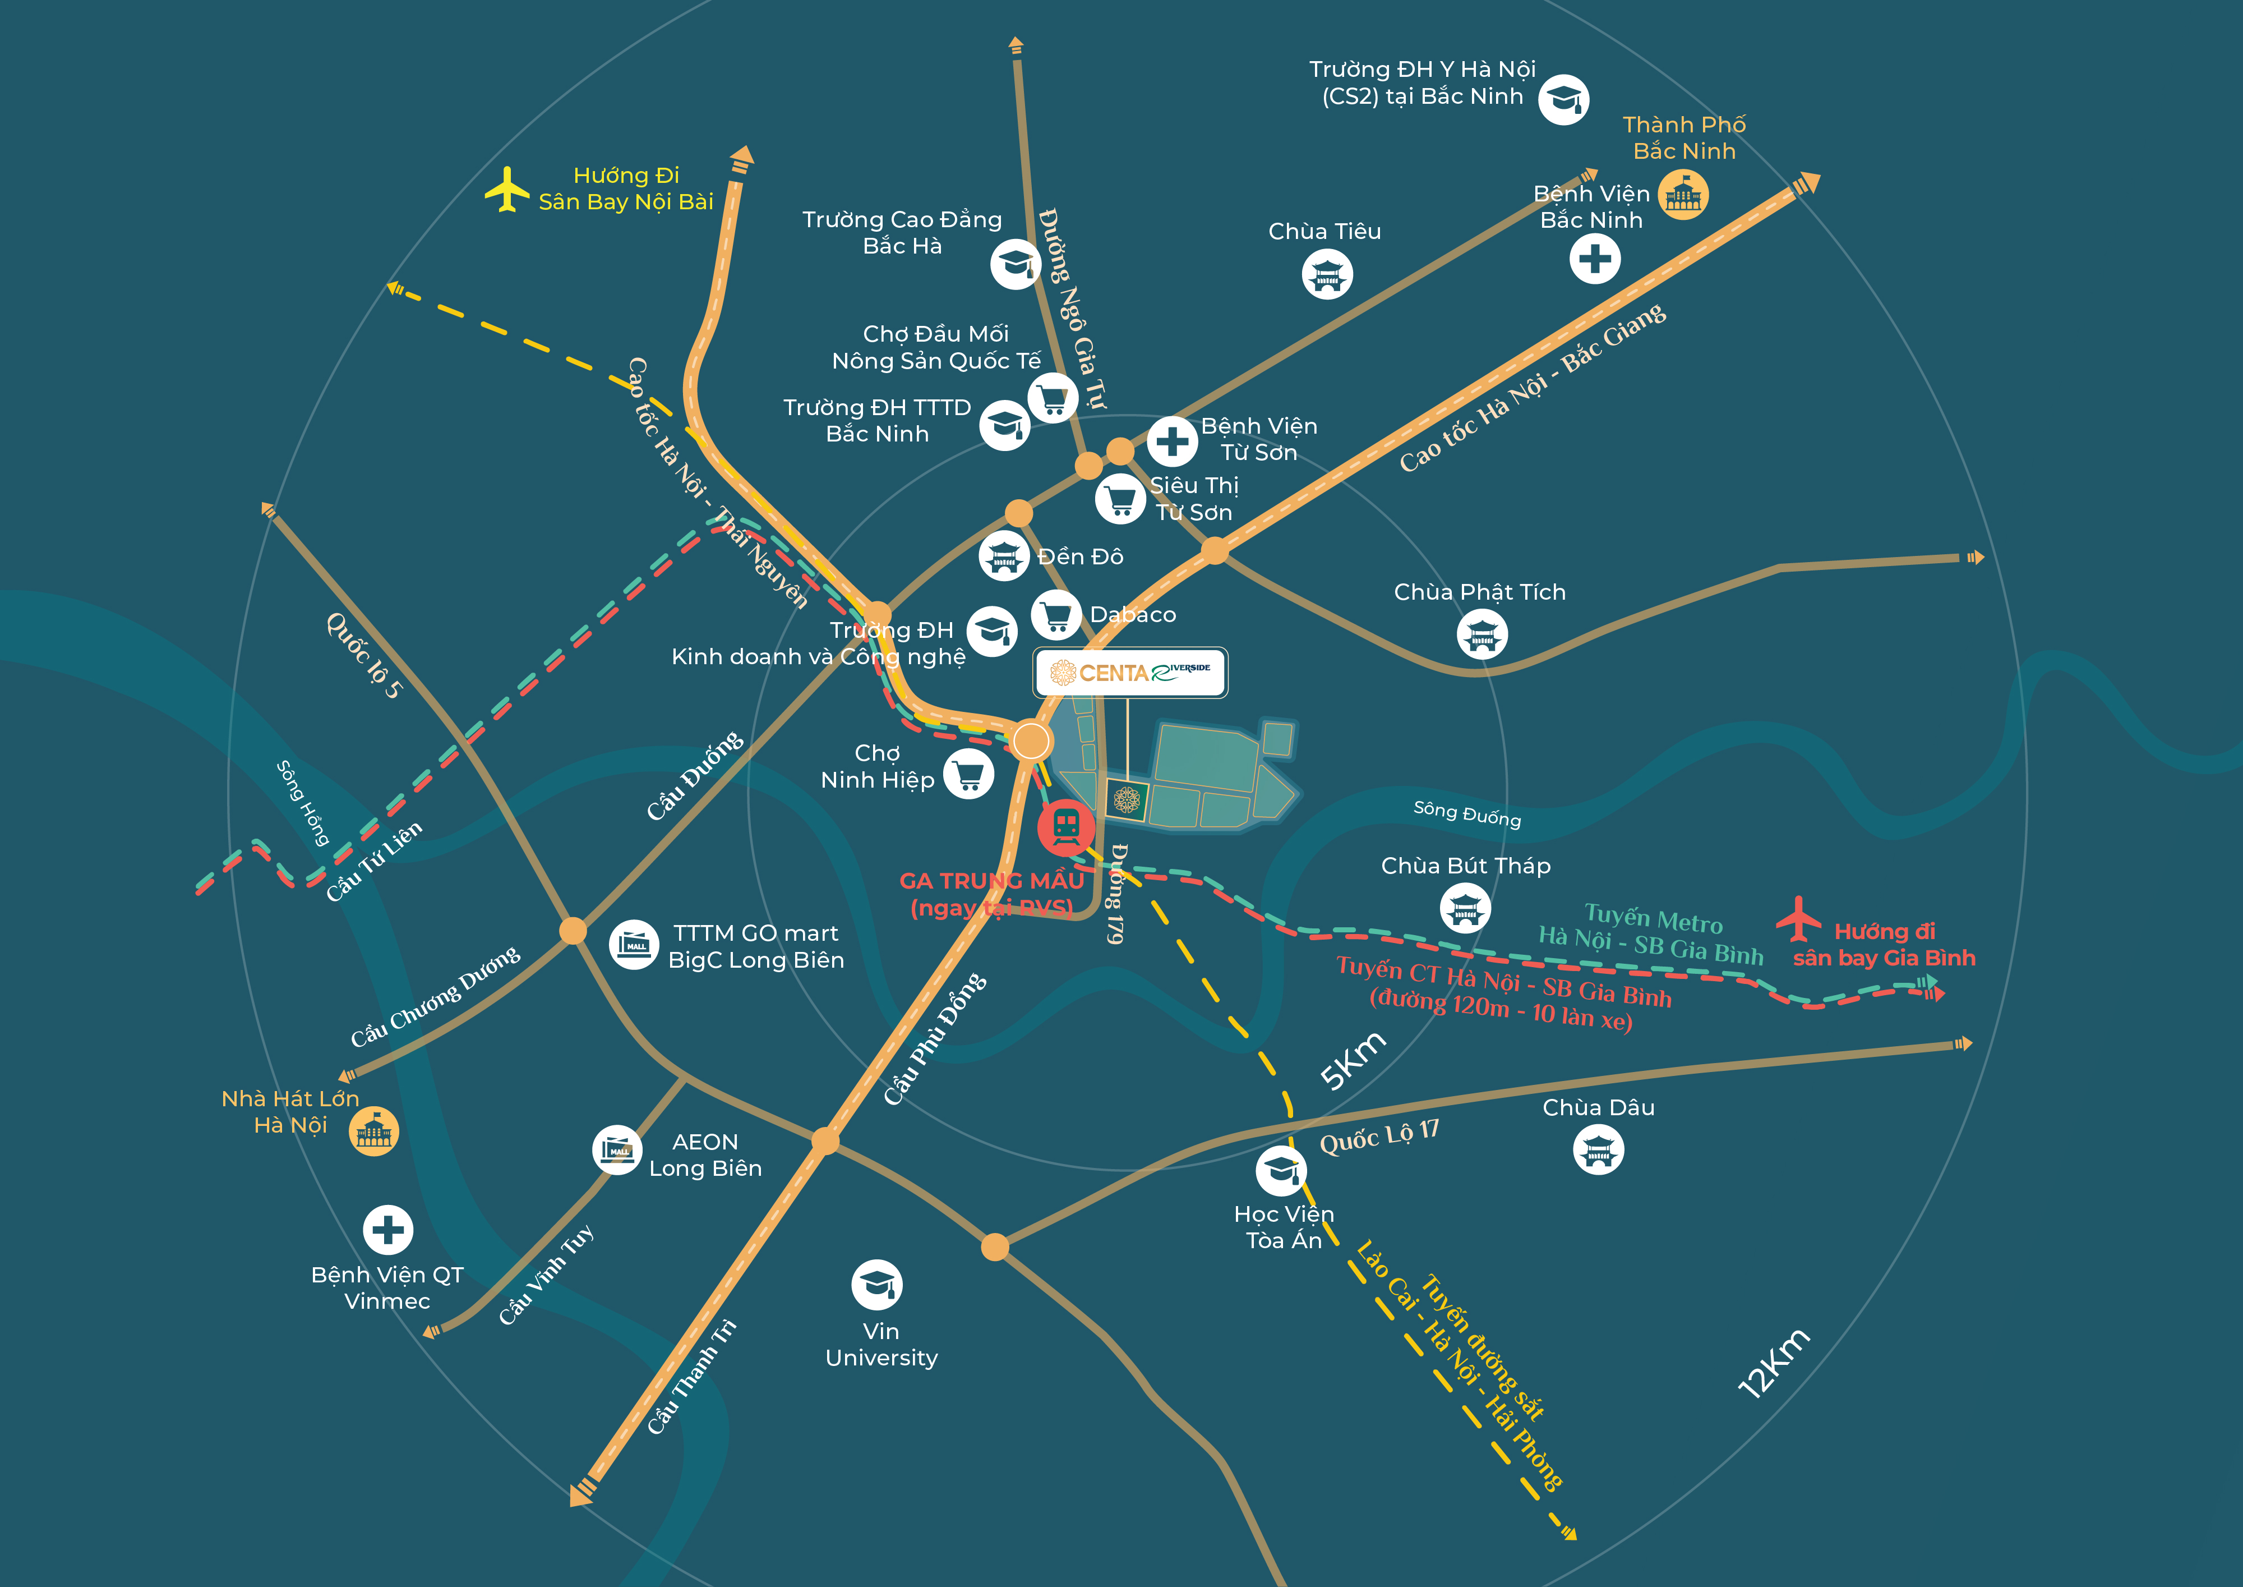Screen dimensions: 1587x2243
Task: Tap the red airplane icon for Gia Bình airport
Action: point(1798,918)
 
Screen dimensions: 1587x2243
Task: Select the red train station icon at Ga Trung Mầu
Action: point(1066,827)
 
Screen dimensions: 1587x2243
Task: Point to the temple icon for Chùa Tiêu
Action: point(1327,275)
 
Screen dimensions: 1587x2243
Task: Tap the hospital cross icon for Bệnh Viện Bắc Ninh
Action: point(1594,259)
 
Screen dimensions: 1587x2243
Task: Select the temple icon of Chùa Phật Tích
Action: point(1482,634)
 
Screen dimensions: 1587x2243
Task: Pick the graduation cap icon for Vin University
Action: point(876,1284)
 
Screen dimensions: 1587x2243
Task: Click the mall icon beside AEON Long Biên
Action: point(617,1150)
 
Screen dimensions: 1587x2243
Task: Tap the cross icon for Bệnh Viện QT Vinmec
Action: point(388,1229)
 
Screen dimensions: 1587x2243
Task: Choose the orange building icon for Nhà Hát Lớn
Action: point(374,1131)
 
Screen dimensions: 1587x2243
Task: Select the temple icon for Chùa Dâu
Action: point(1598,1150)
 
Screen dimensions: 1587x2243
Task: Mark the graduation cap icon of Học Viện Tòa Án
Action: point(1281,1171)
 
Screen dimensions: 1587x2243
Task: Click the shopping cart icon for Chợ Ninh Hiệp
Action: point(968,774)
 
